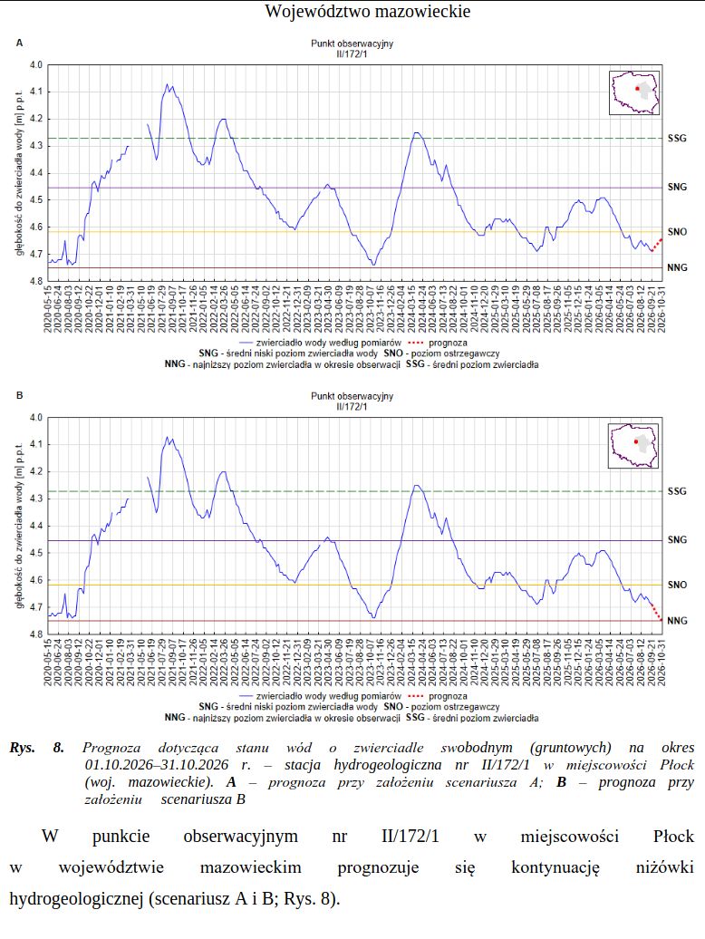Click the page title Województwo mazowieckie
click(368, 12)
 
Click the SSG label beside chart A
click(677, 139)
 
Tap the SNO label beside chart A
click(677, 232)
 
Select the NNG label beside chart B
click(677, 620)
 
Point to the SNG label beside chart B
click(677, 539)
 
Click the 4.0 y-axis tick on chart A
click(36, 64)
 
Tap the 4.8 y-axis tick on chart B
click(36, 634)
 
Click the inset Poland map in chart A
click(634, 92)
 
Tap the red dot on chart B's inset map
click(636, 441)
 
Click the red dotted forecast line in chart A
click(657, 245)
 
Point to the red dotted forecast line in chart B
click(657, 612)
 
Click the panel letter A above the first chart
click(19, 44)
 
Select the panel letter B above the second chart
click(19, 396)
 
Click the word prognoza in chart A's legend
click(448, 343)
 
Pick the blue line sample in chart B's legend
click(246, 696)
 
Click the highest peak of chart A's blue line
click(168, 84)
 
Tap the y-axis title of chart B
click(19, 527)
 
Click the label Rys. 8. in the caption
click(36, 748)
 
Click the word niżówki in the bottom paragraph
click(664, 867)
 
